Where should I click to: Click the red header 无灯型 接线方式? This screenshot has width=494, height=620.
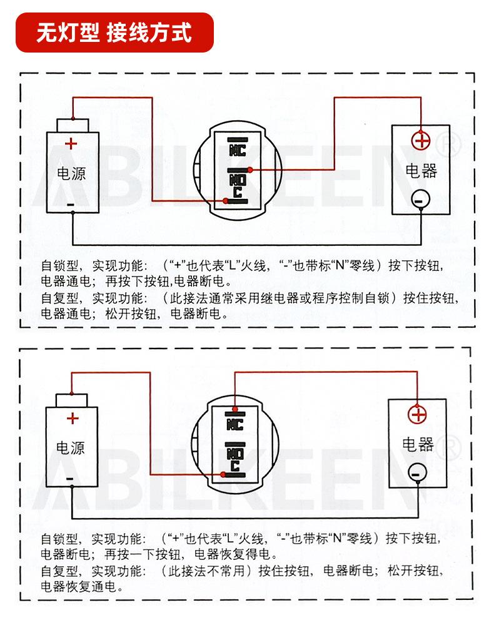(x=114, y=32)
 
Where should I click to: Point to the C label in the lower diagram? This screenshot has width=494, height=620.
(x=236, y=466)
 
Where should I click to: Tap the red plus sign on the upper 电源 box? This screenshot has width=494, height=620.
(x=71, y=144)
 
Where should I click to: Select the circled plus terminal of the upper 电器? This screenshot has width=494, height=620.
(x=421, y=140)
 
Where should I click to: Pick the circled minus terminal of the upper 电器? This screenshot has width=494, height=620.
(x=420, y=199)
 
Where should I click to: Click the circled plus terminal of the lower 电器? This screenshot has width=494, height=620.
(x=417, y=414)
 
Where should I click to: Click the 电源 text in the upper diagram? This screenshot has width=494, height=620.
(x=71, y=173)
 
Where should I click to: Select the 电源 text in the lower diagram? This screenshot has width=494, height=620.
(x=71, y=447)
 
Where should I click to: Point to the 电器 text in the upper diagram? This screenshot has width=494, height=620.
(x=421, y=170)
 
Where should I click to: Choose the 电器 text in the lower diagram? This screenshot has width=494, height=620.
(x=418, y=444)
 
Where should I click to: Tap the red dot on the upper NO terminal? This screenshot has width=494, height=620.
(x=250, y=170)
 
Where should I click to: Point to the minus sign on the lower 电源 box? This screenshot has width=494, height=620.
(x=70, y=479)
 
